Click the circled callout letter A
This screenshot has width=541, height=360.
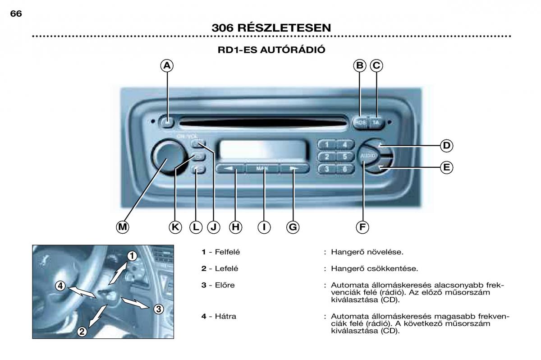(167, 66)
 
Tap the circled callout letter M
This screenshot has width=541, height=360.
(122, 227)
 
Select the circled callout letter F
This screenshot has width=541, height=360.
(362, 227)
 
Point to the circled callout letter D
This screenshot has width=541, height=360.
(446, 145)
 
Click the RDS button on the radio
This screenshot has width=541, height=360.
(360, 122)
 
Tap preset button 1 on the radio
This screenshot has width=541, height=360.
(327, 145)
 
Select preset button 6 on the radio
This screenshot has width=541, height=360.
(344, 169)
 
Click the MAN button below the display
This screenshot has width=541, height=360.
(262, 168)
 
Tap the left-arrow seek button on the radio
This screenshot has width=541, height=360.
(230, 169)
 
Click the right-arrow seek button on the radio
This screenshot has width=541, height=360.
(294, 169)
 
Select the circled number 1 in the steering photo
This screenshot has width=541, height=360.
(131, 256)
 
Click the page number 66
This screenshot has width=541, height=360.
(16, 14)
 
